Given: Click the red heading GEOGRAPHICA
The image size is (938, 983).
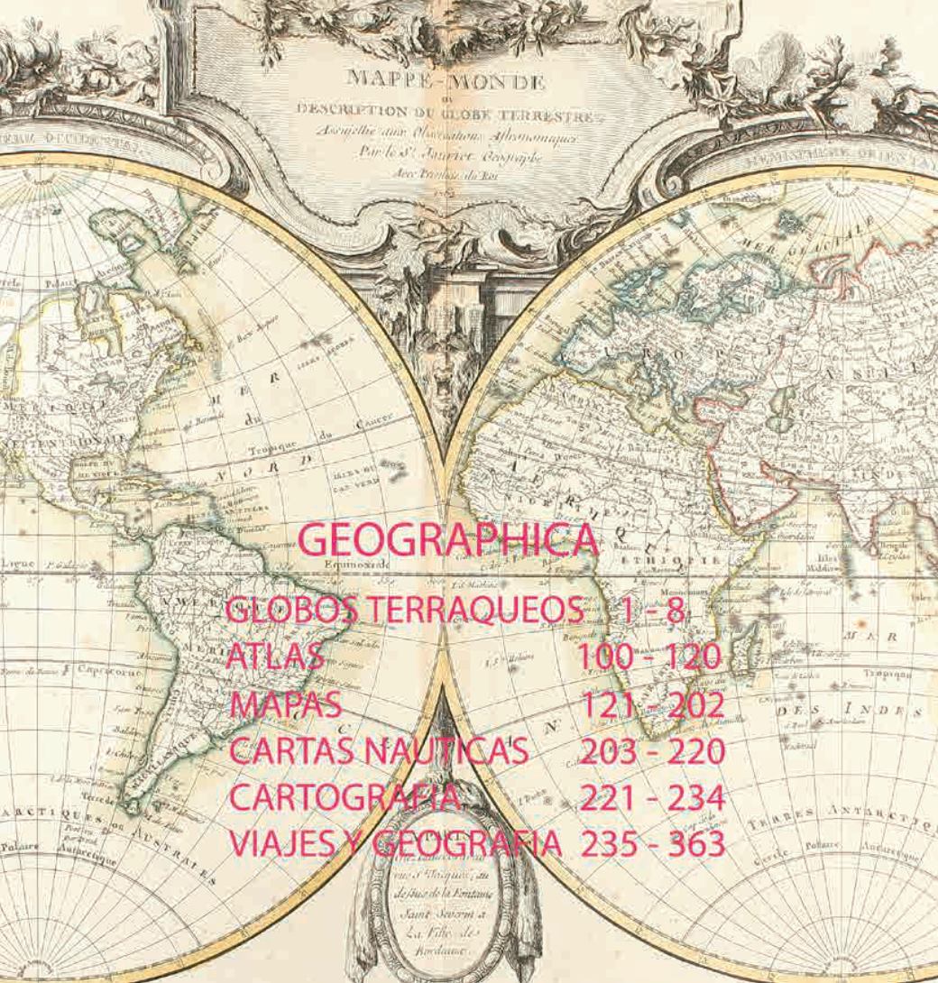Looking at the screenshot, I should pos(448,540).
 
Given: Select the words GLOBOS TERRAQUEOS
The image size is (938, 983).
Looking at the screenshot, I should pos(404,611).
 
